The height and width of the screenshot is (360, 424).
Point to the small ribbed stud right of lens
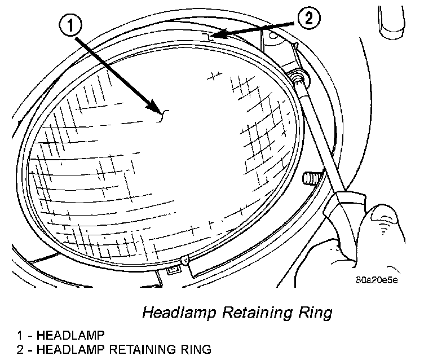click(310, 179)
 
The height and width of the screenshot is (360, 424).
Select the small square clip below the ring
click(173, 270)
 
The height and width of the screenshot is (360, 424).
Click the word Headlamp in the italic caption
click(171, 312)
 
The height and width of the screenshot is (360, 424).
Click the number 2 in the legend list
click(20, 349)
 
